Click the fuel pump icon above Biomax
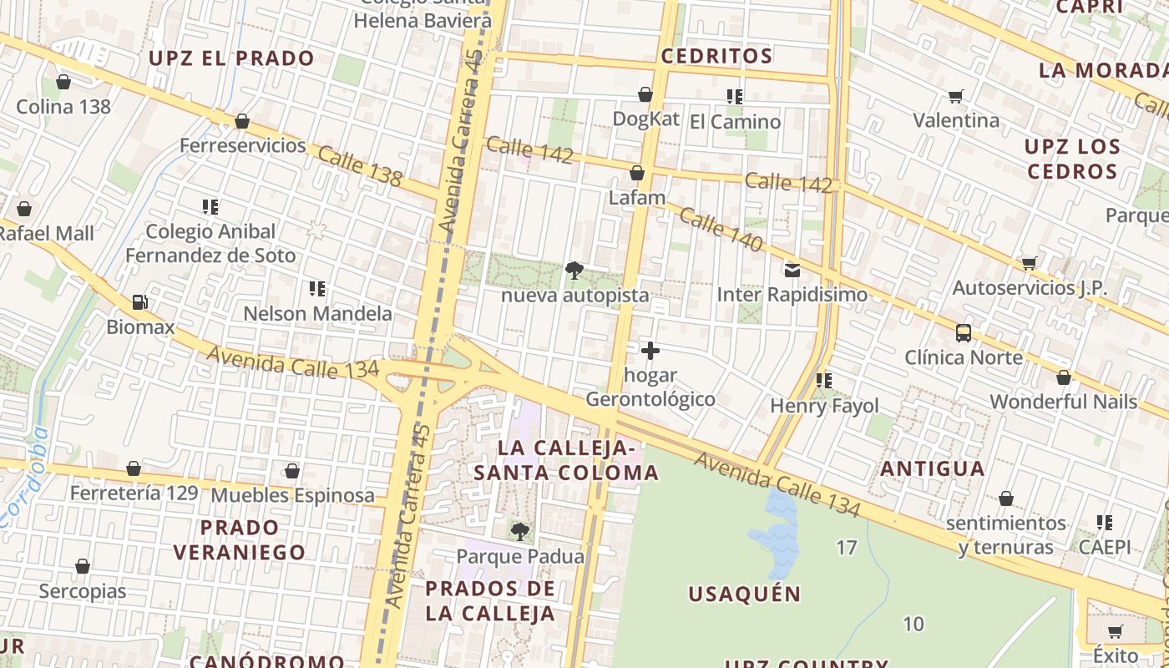[x=140, y=302]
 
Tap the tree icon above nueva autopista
[x=574, y=271]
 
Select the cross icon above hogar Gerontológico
[x=650, y=351]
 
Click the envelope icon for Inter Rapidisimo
[x=792, y=270]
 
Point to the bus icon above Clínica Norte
[x=964, y=333]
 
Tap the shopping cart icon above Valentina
[x=956, y=96]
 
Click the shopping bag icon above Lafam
[x=637, y=174]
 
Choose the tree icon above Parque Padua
[x=520, y=531]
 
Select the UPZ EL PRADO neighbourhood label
[x=231, y=58]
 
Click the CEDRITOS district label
[x=716, y=56]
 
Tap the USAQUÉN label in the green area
[x=745, y=595]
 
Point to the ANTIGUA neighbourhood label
[x=933, y=468]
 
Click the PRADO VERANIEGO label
[x=240, y=539]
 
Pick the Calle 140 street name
[x=721, y=230]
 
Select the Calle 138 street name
[x=360, y=166]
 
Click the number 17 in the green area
[x=847, y=548]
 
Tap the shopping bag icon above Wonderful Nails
[x=1064, y=378]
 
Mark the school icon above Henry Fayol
[x=824, y=381]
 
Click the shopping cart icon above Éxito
[x=1115, y=631]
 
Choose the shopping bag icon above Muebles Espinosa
[x=292, y=472]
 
